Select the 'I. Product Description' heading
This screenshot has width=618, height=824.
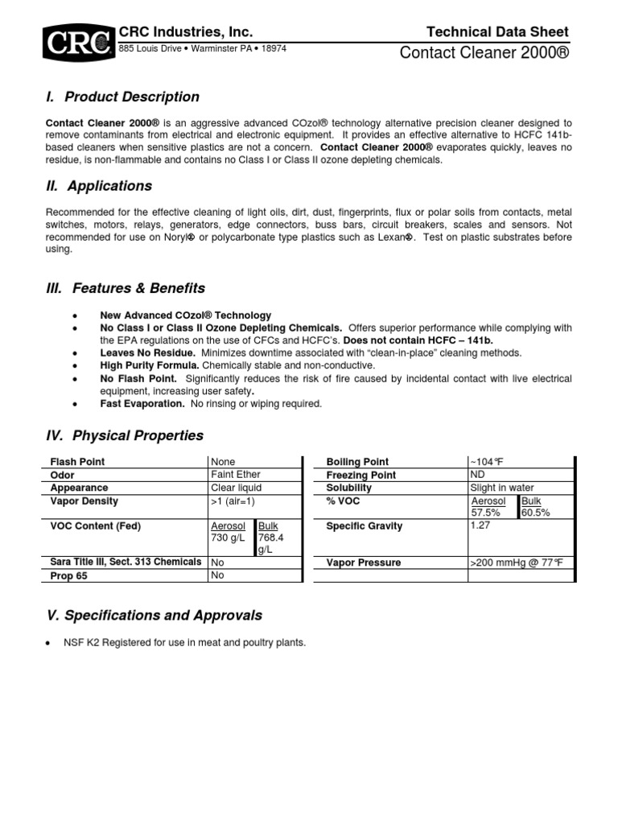point(123,97)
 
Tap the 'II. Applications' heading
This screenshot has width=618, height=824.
point(100,186)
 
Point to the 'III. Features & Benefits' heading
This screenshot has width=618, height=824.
point(126,288)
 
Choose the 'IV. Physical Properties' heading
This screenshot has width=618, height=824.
point(125,435)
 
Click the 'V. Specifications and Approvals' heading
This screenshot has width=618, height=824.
point(154,615)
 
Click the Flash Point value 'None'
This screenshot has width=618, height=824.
point(223,462)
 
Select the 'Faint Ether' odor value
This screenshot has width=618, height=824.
point(235,475)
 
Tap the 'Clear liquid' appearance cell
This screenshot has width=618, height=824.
point(236,488)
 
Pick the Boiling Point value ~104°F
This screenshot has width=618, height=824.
point(487,462)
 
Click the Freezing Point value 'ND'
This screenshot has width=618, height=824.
point(477,475)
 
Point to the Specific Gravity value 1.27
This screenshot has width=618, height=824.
point(481,525)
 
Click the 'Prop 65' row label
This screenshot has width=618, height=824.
point(68,576)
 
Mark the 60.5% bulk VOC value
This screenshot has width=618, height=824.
point(536,513)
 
